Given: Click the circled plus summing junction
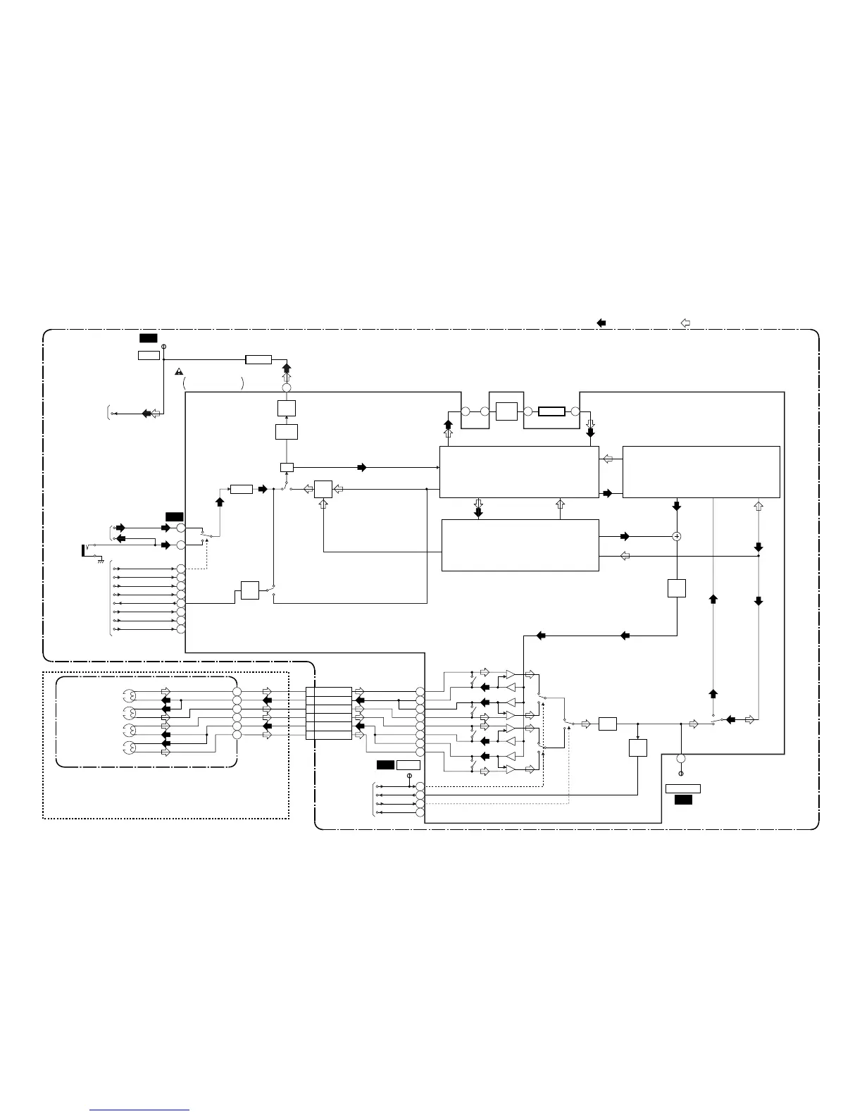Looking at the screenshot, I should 677,536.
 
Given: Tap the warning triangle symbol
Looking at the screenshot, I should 179,371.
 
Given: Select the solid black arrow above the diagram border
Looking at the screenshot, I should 601,323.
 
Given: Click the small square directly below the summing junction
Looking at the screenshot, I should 676,588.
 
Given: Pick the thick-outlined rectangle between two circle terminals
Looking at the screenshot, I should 551,411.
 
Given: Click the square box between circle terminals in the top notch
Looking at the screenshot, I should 506,411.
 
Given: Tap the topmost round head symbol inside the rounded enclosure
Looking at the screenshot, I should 128,695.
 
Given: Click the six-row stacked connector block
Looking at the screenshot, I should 329,713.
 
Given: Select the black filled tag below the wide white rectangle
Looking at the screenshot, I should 683,800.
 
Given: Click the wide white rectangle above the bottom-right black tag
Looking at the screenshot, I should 682,788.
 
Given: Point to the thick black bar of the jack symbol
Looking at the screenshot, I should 84,550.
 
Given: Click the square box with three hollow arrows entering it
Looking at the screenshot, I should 323,489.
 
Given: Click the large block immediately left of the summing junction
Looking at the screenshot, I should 520,545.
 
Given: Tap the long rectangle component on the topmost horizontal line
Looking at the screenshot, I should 258,360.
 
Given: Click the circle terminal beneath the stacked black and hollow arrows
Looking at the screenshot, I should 287,388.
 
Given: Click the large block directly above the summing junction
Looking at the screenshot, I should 701,471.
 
